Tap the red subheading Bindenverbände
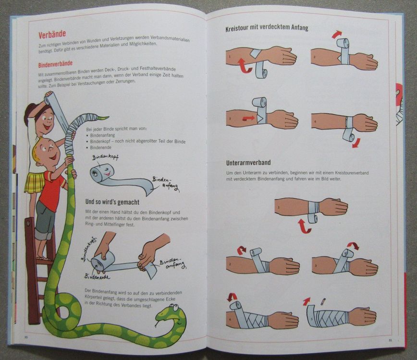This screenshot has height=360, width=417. click(x=55, y=64)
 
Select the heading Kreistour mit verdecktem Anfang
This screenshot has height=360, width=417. click(x=267, y=28)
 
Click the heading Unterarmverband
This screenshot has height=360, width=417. click(x=248, y=162)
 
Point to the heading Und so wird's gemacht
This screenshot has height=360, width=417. click(x=112, y=202)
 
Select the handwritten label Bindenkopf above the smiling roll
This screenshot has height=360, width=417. click(x=105, y=157)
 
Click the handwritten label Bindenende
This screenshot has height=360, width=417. click(x=98, y=276)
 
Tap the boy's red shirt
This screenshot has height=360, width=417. click(x=53, y=190)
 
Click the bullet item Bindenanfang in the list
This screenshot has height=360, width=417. click(x=102, y=135)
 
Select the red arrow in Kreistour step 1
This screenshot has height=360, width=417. click(x=245, y=66)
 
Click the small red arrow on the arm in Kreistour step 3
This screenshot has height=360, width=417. click(x=248, y=118)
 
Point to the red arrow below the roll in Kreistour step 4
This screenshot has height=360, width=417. click(x=356, y=143)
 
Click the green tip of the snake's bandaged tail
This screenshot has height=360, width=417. click(x=103, y=117)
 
